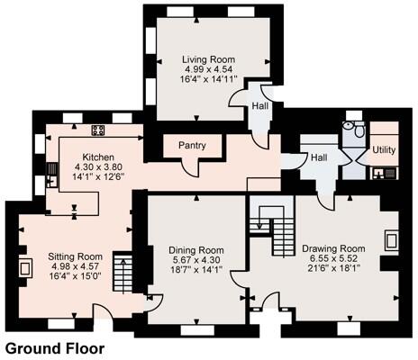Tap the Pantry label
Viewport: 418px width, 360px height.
(192, 145)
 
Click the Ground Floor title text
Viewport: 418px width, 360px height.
(55, 347)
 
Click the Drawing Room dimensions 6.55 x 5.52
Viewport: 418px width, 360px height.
(332, 258)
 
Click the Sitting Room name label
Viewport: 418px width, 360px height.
(75, 256)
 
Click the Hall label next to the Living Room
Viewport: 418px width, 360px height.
(259, 105)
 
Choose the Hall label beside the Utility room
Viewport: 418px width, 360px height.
(319, 157)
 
